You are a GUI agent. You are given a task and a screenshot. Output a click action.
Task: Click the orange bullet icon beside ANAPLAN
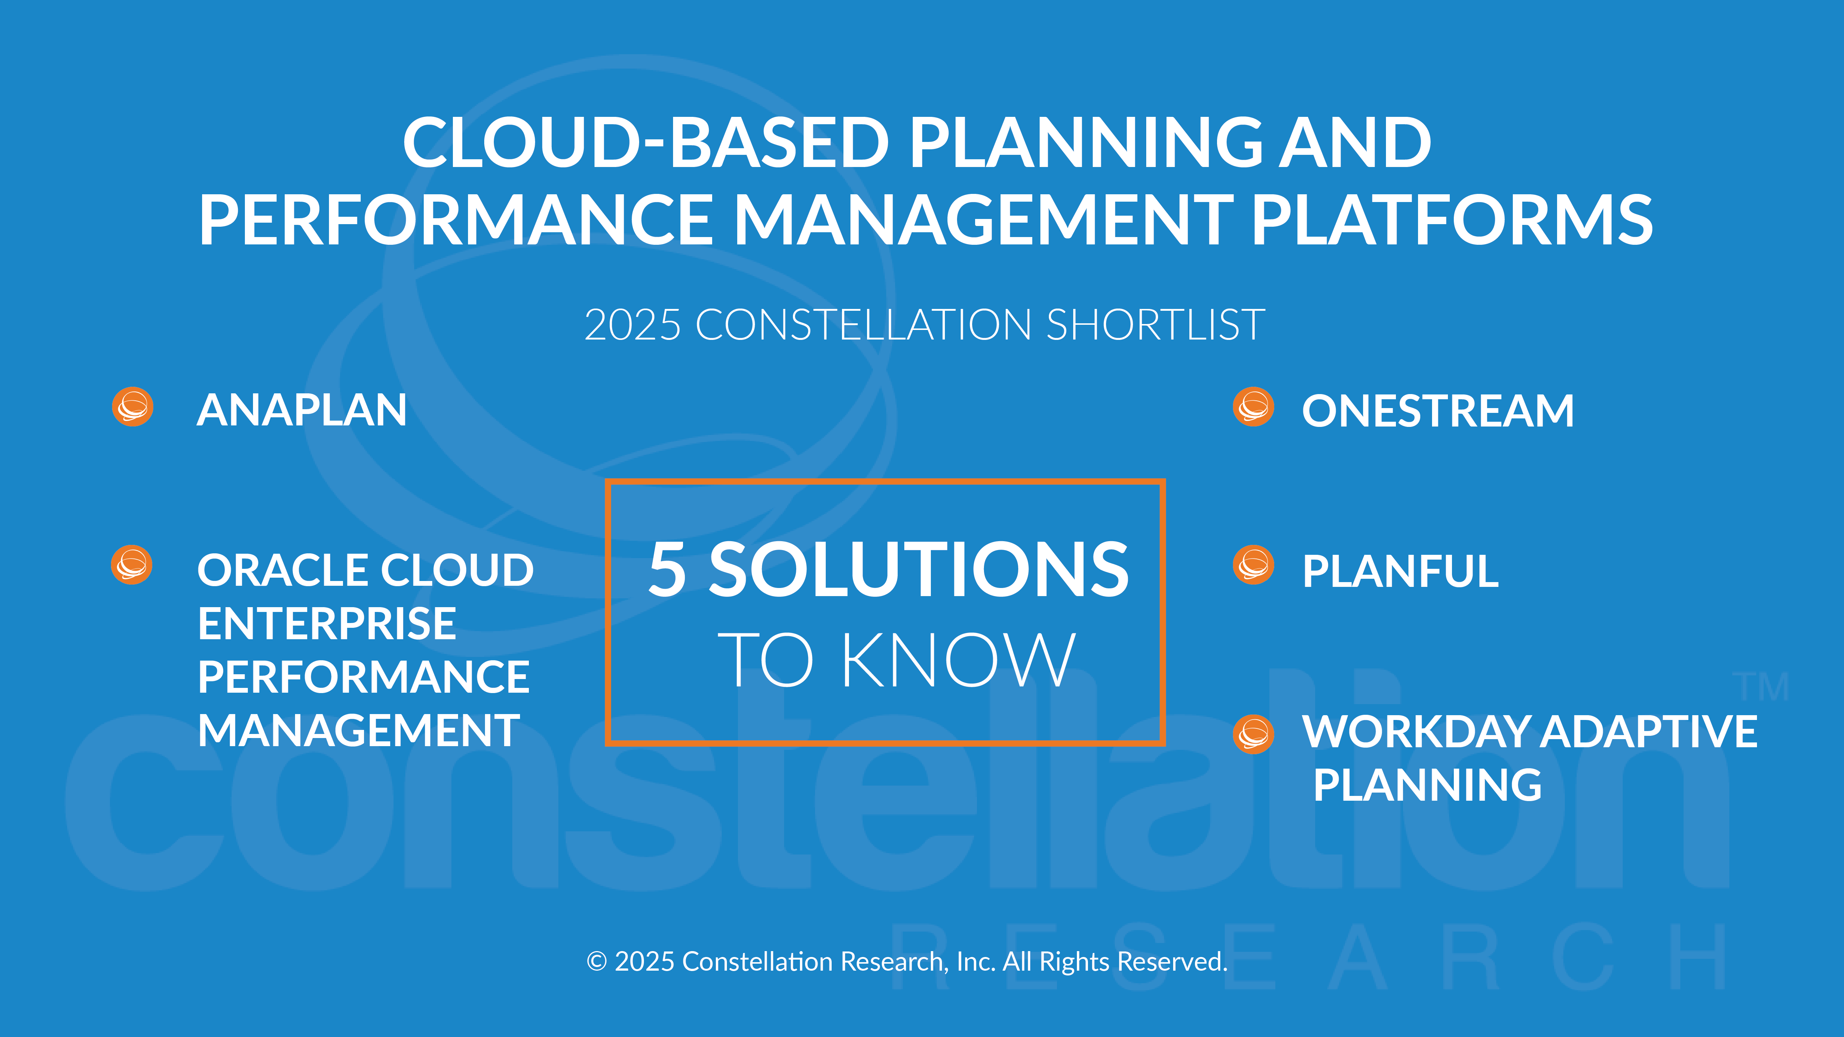pyautogui.click(x=132, y=407)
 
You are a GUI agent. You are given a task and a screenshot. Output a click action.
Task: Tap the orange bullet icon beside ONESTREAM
pyautogui.click(x=1254, y=407)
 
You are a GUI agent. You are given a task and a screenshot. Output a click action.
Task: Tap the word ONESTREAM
pyautogui.click(x=1438, y=411)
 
